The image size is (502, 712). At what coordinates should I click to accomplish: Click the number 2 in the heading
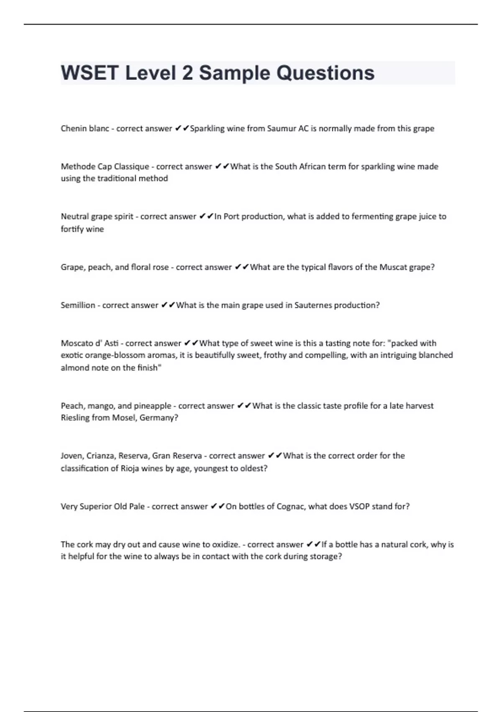(187, 73)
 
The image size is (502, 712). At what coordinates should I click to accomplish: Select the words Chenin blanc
(85, 129)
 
